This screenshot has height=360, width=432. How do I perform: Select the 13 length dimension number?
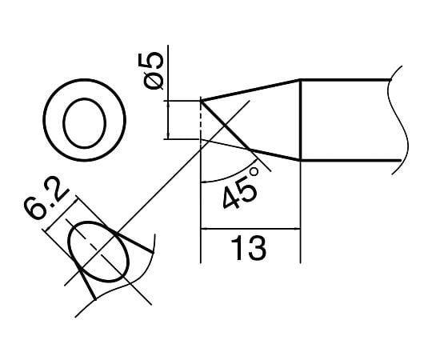click(249, 248)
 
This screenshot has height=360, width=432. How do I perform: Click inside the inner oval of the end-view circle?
click(83, 125)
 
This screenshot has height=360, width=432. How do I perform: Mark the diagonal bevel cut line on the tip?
click(227, 126)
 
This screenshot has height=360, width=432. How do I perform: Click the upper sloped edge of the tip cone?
click(250, 90)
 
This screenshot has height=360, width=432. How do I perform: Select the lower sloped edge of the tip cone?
click(274, 155)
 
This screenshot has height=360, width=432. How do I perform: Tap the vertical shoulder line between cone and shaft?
click(299, 120)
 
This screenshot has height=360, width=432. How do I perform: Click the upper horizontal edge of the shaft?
click(348, 79)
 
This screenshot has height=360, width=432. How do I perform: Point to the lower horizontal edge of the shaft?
click(348, 161)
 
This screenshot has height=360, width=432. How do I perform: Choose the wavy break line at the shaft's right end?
click(399, 120)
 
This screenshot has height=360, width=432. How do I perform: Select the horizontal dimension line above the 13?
click(249, 230)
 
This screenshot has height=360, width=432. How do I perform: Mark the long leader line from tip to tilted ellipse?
click(160, 192)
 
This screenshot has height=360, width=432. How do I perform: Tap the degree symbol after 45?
click(255, 169)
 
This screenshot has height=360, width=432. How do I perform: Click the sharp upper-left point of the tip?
click(200, 101)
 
